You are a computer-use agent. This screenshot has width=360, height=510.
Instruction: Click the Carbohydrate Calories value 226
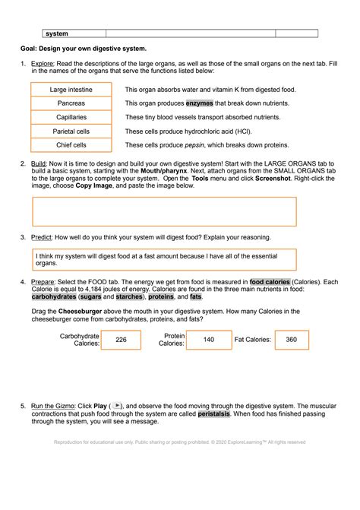(x=121, y=341)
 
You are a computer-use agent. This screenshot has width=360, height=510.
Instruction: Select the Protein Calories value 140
(x=208, y=341)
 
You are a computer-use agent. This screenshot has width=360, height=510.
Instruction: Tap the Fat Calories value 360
(x=292, y=341)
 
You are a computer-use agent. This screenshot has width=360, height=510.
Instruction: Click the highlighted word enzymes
(x=199, y=103)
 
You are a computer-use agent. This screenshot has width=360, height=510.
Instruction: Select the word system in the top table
(x=56, y=33)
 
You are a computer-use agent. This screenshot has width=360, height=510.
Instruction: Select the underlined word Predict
(x=42, y=237)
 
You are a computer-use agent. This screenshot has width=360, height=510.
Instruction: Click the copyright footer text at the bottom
(x=180, y=442)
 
